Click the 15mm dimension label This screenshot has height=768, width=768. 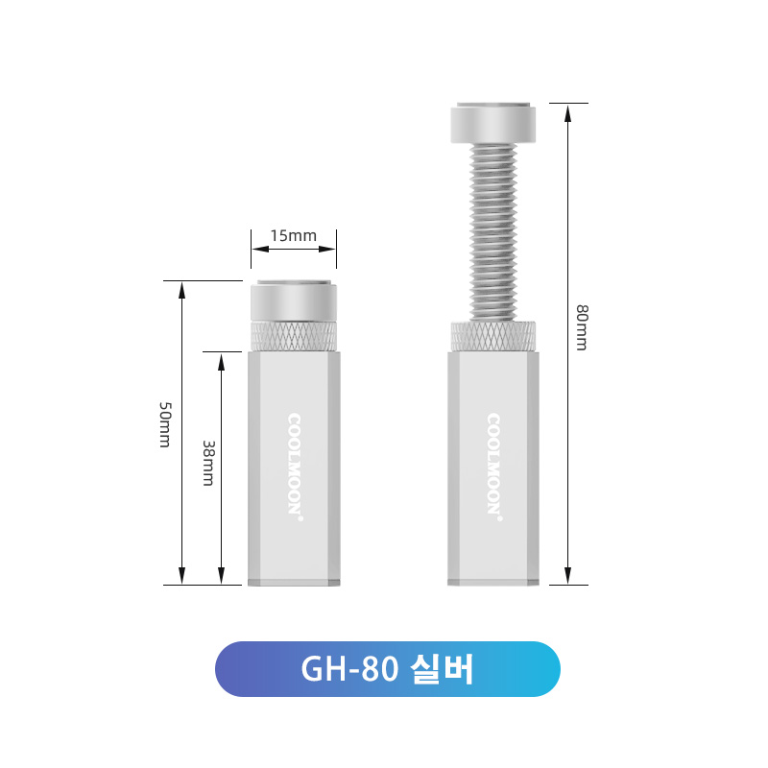tap(294, 235)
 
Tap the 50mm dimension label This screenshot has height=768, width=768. tap(165, 424)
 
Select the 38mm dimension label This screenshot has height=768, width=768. tap(208, 463)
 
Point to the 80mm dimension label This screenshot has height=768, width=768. tap(582, 327)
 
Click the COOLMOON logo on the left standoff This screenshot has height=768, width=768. tap(295, 467)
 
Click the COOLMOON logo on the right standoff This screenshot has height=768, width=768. tap(493, 467)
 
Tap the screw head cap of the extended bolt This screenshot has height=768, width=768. tap(493, 123)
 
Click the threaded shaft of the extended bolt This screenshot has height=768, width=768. tap(493, 232)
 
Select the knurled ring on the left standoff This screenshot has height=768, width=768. tap(294, 337)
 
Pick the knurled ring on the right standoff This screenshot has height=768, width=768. tap(493, 337)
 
